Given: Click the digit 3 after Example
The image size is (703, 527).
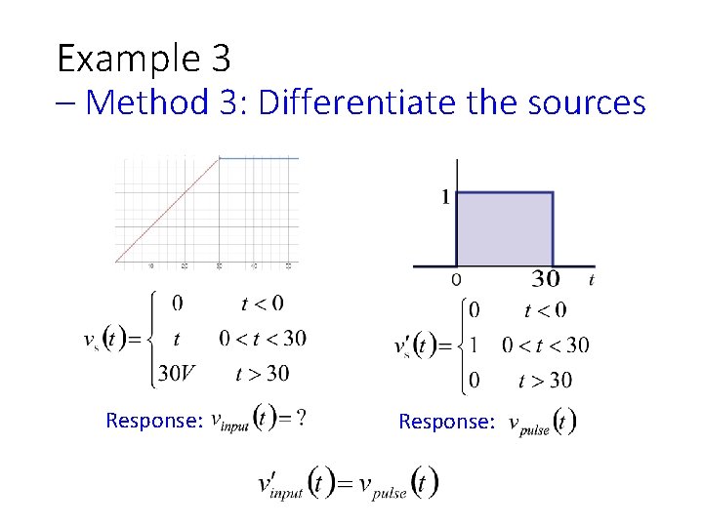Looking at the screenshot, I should pyautogui.click(x=220, y=61).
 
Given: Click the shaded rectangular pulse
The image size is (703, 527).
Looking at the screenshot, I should pyautogui.click(x=505, y=228).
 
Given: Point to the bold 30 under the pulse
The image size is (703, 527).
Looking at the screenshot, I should pyautogui.click(x=545, y=280).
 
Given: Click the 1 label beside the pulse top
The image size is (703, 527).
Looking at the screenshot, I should pyautogui.click(x=445, y=197).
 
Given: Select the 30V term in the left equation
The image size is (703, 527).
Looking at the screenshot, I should pyautogui.click(x=177, y=373).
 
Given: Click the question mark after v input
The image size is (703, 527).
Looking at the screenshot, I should pyautogui.click(x=303, y=418).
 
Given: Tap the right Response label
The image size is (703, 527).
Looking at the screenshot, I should pyautogui.click(x=446, y=422).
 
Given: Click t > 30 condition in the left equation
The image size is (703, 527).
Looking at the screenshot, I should pyautogui.click(x=263, y=373).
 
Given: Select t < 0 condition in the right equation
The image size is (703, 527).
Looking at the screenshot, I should pyautogui.click(x=545, y=311).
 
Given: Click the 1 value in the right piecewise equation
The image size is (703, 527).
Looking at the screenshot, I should pyautogui.click(x=475, y=345).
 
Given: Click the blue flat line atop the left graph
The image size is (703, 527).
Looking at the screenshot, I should pyautogui.click(x=259, y=158).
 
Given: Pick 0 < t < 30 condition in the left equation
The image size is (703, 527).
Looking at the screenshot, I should pyautogui.click(x=263, y=339).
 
